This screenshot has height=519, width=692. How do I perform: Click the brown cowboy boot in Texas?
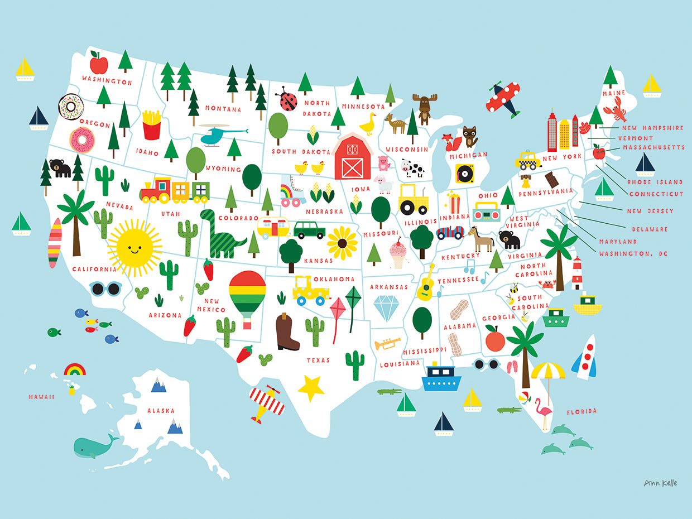click(x=287, y=332)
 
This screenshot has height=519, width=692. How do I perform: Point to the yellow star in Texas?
click(x=311, y=388)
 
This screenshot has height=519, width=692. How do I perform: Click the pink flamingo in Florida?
click(x=543, y=412)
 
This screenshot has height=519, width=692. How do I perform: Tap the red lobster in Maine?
click(x=618, y=109)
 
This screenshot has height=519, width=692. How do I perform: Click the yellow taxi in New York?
click(x=527, y=160)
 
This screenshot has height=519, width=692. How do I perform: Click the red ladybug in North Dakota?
click(x=289, y=99)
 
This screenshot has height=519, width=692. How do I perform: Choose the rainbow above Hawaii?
click(x=75, y=369)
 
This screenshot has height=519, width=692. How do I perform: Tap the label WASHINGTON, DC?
click(x=633, y=254)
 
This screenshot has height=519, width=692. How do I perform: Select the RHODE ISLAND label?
click(x=655, y=182)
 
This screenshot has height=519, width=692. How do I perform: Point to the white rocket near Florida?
click(x=585, y=357)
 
